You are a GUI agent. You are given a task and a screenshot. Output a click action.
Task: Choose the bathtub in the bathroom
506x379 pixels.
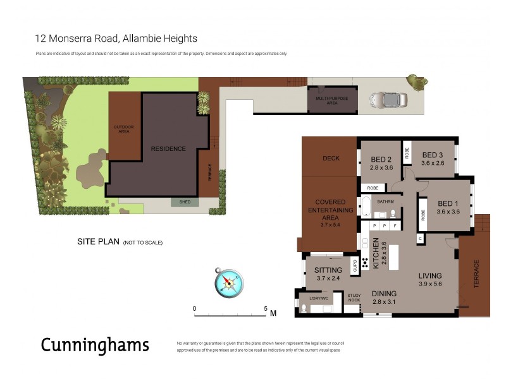pyautogui.click(x=366, y=207)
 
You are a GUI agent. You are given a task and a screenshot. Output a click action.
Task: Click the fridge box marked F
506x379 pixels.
pyautogui.click(x=395, y=225)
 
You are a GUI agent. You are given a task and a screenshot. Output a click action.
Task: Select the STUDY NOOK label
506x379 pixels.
pyautogui.click(x=354, y=298)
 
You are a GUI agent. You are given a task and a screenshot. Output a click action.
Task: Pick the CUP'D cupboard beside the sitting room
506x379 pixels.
pyautogui.click(x=355, y=265)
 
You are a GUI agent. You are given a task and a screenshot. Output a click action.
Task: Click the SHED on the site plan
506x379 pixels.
pyautogui.click(x=185, y=202)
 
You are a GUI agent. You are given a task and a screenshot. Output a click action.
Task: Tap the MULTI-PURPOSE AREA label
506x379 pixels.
pyautogui.click(x=331, y=100)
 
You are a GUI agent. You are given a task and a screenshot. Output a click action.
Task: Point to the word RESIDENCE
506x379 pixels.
pyautogui.click(x=168, y=149)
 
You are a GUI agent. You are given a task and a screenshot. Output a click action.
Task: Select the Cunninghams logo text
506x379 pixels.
pyautogui.click(x=95, y=345)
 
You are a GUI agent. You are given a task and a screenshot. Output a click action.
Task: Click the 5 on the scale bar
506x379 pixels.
pyautogui.click(x=266, y=309)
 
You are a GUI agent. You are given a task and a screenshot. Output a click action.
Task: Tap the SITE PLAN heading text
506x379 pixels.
pyautogui.click(x=98, y=241)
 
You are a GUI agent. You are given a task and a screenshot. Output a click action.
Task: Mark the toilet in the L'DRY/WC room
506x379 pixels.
pyautogui.click(x=304, y=308)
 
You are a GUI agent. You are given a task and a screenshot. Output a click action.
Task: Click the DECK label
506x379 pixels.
pyautogui.click(x=331, y=159)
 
